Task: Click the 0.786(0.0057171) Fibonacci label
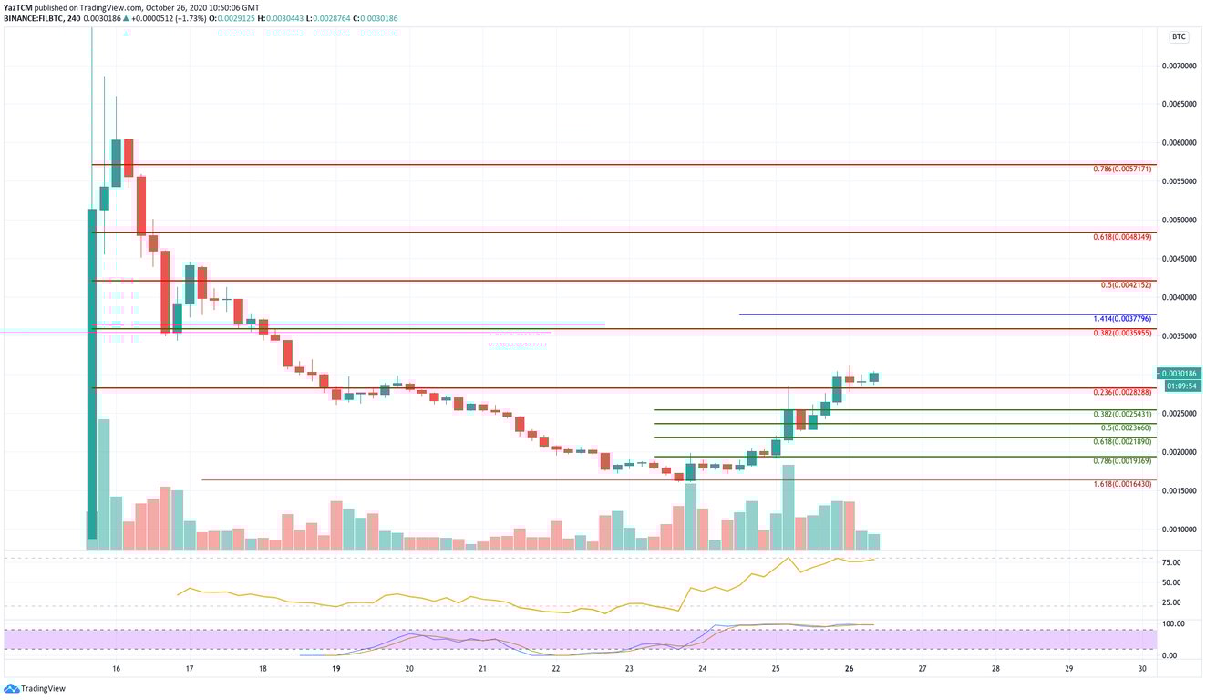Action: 1122,170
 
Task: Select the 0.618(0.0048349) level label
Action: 1122,237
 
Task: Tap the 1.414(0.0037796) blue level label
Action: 1122,319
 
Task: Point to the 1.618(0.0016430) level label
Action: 1122,484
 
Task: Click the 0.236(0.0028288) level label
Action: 1122,392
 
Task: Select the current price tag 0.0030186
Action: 1180,374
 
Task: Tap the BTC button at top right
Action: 1179,37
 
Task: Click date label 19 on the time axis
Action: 336,668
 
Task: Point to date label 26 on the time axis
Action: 849,668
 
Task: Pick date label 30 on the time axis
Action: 1142,668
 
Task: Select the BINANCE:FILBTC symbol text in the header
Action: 32,16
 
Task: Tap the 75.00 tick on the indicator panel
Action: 1171,563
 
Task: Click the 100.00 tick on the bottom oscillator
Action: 1172,623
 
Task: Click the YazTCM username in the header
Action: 20,6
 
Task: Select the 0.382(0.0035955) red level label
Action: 1122,334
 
